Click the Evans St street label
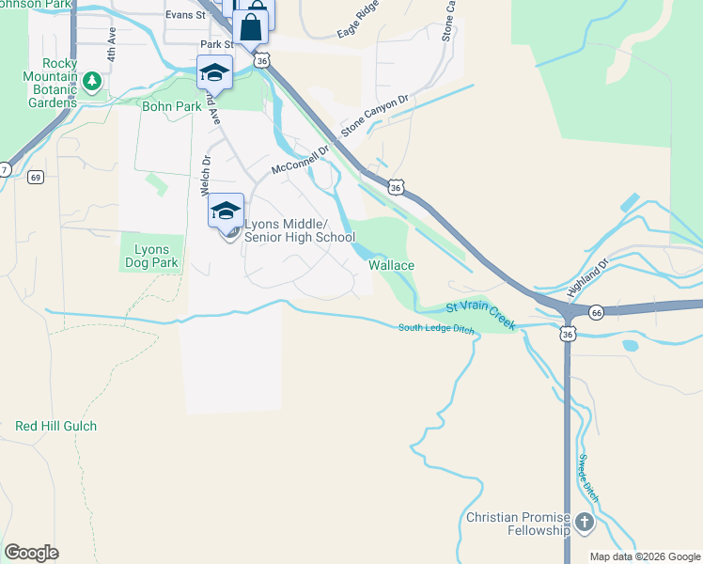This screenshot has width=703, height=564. [x=185, y=15]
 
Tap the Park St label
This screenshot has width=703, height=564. [x=216, y=44]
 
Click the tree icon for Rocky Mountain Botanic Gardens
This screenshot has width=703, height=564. [x=92, y=81]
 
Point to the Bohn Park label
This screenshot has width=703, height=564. [x=172, y=106]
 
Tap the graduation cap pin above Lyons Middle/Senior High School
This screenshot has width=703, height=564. [x=226, y=211]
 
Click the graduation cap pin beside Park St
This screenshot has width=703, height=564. [x=214, y=71]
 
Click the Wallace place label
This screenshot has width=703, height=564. [x=391, y=266]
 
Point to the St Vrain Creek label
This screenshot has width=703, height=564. [x=481, y=314]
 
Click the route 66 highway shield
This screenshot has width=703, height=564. [x=596, y=311]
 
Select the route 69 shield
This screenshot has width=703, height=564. [x=35, y=177]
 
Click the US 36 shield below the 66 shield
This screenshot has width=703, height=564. [x=567, y=334]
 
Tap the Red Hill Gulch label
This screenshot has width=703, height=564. [x=55, y=426]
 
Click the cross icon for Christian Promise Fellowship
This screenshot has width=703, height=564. [x=585, y=522]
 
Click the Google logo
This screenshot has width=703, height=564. [x=31, y=553]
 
